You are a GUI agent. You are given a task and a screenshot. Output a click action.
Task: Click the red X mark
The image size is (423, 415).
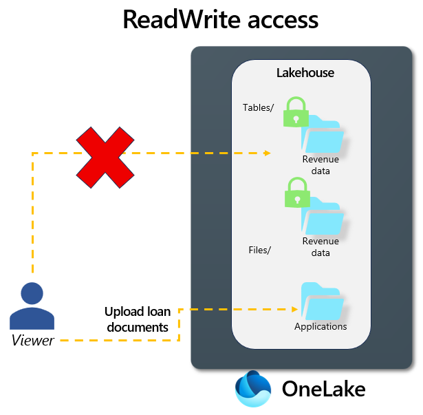[105, 158]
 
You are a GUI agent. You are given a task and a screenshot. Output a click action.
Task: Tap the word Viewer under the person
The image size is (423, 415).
[32, 339]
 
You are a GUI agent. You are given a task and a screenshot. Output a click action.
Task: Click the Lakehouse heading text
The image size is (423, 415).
[305, 72]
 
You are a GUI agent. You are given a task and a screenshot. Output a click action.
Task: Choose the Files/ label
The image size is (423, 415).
[259, 250]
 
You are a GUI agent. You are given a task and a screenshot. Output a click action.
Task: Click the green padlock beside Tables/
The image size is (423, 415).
[296, 111]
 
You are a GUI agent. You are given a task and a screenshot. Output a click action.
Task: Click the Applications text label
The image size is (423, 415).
[321, 326]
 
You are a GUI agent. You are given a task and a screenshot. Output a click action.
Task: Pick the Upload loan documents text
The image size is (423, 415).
[137, 319]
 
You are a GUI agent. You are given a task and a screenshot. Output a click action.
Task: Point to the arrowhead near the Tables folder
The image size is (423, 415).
[267, 153]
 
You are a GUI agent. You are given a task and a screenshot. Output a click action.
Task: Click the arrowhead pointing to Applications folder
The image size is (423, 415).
[295, 310]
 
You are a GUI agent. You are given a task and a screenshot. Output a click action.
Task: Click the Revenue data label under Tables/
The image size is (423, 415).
[321, 165]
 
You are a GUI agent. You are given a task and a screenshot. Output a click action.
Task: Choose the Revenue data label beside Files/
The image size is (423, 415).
[321, 246]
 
